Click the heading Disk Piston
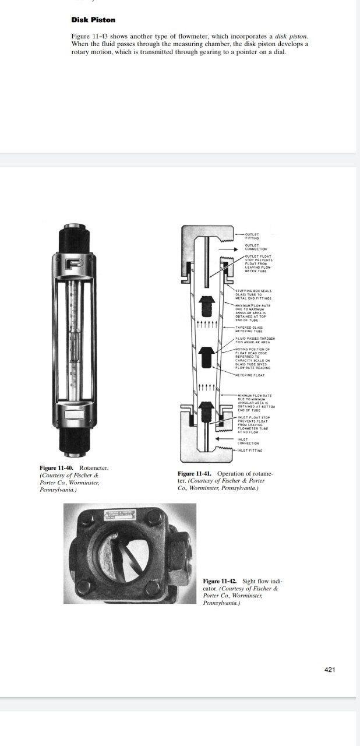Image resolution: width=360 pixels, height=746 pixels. [x=93, y=20]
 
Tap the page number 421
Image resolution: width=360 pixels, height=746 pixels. [x=330, y=670]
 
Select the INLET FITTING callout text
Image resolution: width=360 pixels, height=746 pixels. [x=250, y=450]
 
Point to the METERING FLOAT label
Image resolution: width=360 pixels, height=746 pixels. [x=250, y=375]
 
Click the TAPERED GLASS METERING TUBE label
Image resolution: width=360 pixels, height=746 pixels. [x=249, y=329]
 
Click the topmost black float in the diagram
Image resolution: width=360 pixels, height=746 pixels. [x=207, y=305]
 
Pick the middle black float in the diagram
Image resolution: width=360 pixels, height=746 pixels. [x=207, y=358]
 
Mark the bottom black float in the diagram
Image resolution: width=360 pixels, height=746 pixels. [x=207, y=412]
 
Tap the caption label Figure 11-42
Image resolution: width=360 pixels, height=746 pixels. [x=220, y=581]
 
